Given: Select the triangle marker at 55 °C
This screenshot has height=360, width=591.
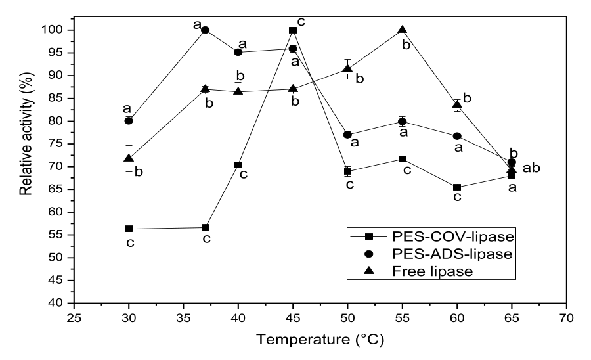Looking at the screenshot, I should (403, 30).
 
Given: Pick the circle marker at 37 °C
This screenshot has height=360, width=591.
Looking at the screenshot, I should (205, 30).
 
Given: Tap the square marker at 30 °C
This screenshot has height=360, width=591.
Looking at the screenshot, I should (129, 229).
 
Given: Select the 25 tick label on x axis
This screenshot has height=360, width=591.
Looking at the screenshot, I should (74, 319).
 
